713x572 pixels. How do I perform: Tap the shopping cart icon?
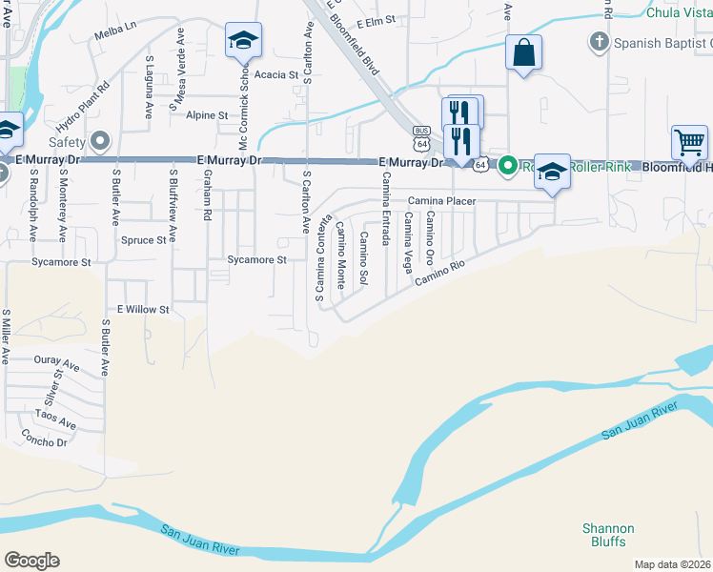pos(689,143)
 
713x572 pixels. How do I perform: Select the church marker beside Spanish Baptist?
pos(599,42)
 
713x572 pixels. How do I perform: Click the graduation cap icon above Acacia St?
pos(243,39)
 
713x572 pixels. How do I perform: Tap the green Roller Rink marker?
pos(509,165)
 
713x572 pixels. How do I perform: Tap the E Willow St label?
pos(143,309)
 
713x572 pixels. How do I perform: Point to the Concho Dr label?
pos(45,437)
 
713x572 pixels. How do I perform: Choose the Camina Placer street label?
pos(442,201)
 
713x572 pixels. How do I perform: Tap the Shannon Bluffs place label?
pos(607,535)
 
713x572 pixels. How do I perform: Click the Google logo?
pos(31,560)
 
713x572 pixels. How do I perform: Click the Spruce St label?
pos(144,240)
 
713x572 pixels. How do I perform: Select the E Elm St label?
pos(376,22)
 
